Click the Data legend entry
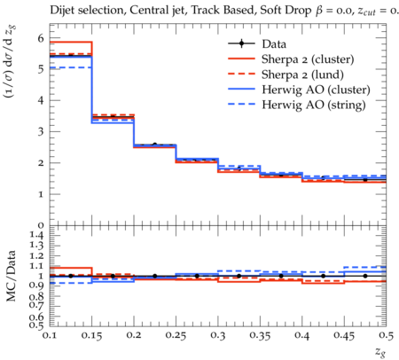[x=274, y=44]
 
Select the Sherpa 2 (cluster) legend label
[x=308, y=59]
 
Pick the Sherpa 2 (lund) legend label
[x=302, y=74]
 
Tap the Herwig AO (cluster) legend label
[x=316, y=90]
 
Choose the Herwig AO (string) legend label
[x=314, y=105]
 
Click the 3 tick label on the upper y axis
[x=41, y=131]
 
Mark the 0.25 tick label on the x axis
[x=176, y=335]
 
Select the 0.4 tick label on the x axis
[x=302, y=335]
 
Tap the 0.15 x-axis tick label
[x=92, y=335]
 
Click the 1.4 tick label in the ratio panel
[x=37, y=236]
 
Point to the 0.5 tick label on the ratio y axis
[x=37, y=325]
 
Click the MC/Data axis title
[x=12, y=276]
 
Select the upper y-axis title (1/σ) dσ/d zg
[x=12, y=62]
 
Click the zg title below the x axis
[x=380, y=351]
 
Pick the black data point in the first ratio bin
[x=71, y=276]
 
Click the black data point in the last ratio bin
[x=365, y=276]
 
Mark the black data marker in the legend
[x=241, y=44]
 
